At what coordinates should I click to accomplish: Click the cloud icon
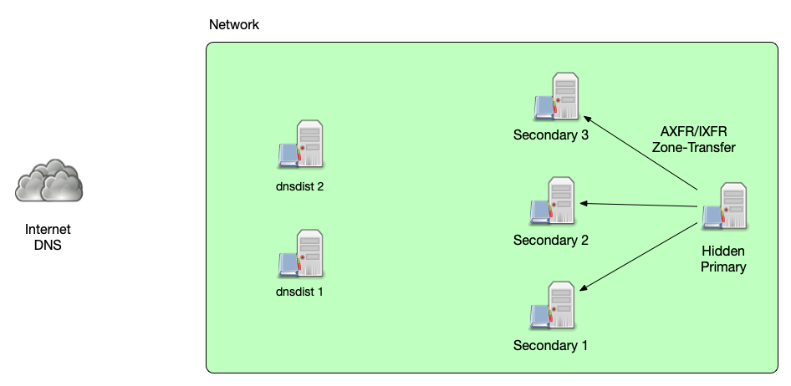(49, 180)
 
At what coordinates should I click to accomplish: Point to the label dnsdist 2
(300, 186)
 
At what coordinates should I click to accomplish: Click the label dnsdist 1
(299, 292)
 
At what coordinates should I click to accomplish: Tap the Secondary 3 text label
(551, 135)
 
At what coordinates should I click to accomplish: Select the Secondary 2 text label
(551, 241)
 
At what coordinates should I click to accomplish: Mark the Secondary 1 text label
(551, 345)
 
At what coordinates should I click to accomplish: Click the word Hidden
(723, 251)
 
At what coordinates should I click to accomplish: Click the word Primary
(723, 267)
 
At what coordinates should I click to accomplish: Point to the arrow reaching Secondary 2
(640, 205)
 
